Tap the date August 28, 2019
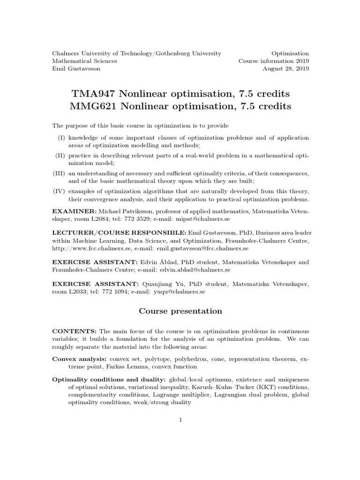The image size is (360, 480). click(x=285, y=68)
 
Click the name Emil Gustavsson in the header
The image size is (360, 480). click(x=76, y=68)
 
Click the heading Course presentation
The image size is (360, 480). click(x=180, y=311)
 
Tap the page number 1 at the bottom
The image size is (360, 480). click(x=180, y=420)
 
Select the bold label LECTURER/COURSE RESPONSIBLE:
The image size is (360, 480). click(x=119, y=233)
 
